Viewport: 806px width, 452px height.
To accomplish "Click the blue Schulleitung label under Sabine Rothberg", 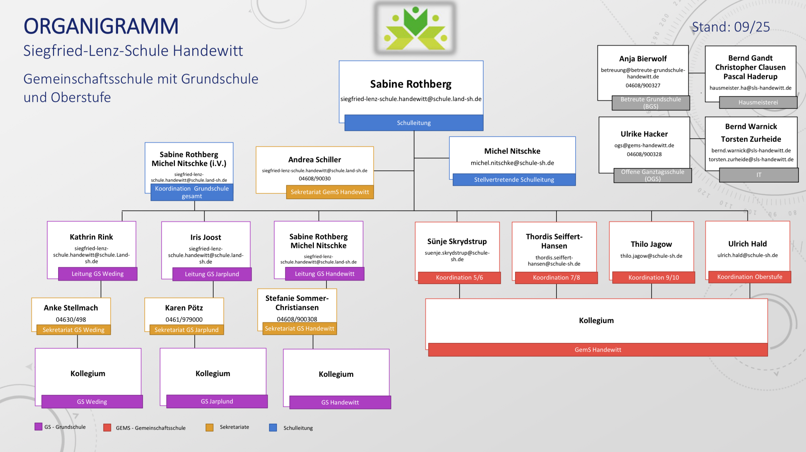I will (414, 123).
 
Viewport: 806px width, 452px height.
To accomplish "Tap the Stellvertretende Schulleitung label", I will (514, 180).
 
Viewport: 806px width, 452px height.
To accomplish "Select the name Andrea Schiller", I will (315, 160).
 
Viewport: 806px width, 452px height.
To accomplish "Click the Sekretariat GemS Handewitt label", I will (330, 192).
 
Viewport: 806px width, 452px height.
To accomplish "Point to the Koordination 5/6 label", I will (459, 277).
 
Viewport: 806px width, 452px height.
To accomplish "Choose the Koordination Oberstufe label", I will (750, 277).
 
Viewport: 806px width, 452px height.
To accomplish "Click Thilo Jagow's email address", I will (651, 256).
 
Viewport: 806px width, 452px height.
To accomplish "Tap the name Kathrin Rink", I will (91, 237).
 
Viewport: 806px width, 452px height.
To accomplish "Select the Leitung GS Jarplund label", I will (212, 274).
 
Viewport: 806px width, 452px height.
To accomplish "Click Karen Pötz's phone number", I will (184, 320).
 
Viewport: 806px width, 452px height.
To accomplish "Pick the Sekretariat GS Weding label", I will (74, 330).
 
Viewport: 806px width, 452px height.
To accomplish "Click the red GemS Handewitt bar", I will (598, 350).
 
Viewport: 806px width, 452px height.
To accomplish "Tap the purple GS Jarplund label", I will (217, 401).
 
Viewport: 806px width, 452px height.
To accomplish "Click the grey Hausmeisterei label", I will (758, 102).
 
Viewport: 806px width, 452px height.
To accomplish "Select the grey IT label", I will (759, 175).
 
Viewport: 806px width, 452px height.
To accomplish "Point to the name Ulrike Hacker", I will (644, 134).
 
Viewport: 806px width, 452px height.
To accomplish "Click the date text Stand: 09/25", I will (731, 27).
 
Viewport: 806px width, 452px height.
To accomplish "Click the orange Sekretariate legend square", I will (209, 427).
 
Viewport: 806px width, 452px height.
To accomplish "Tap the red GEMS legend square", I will (107, 428).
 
